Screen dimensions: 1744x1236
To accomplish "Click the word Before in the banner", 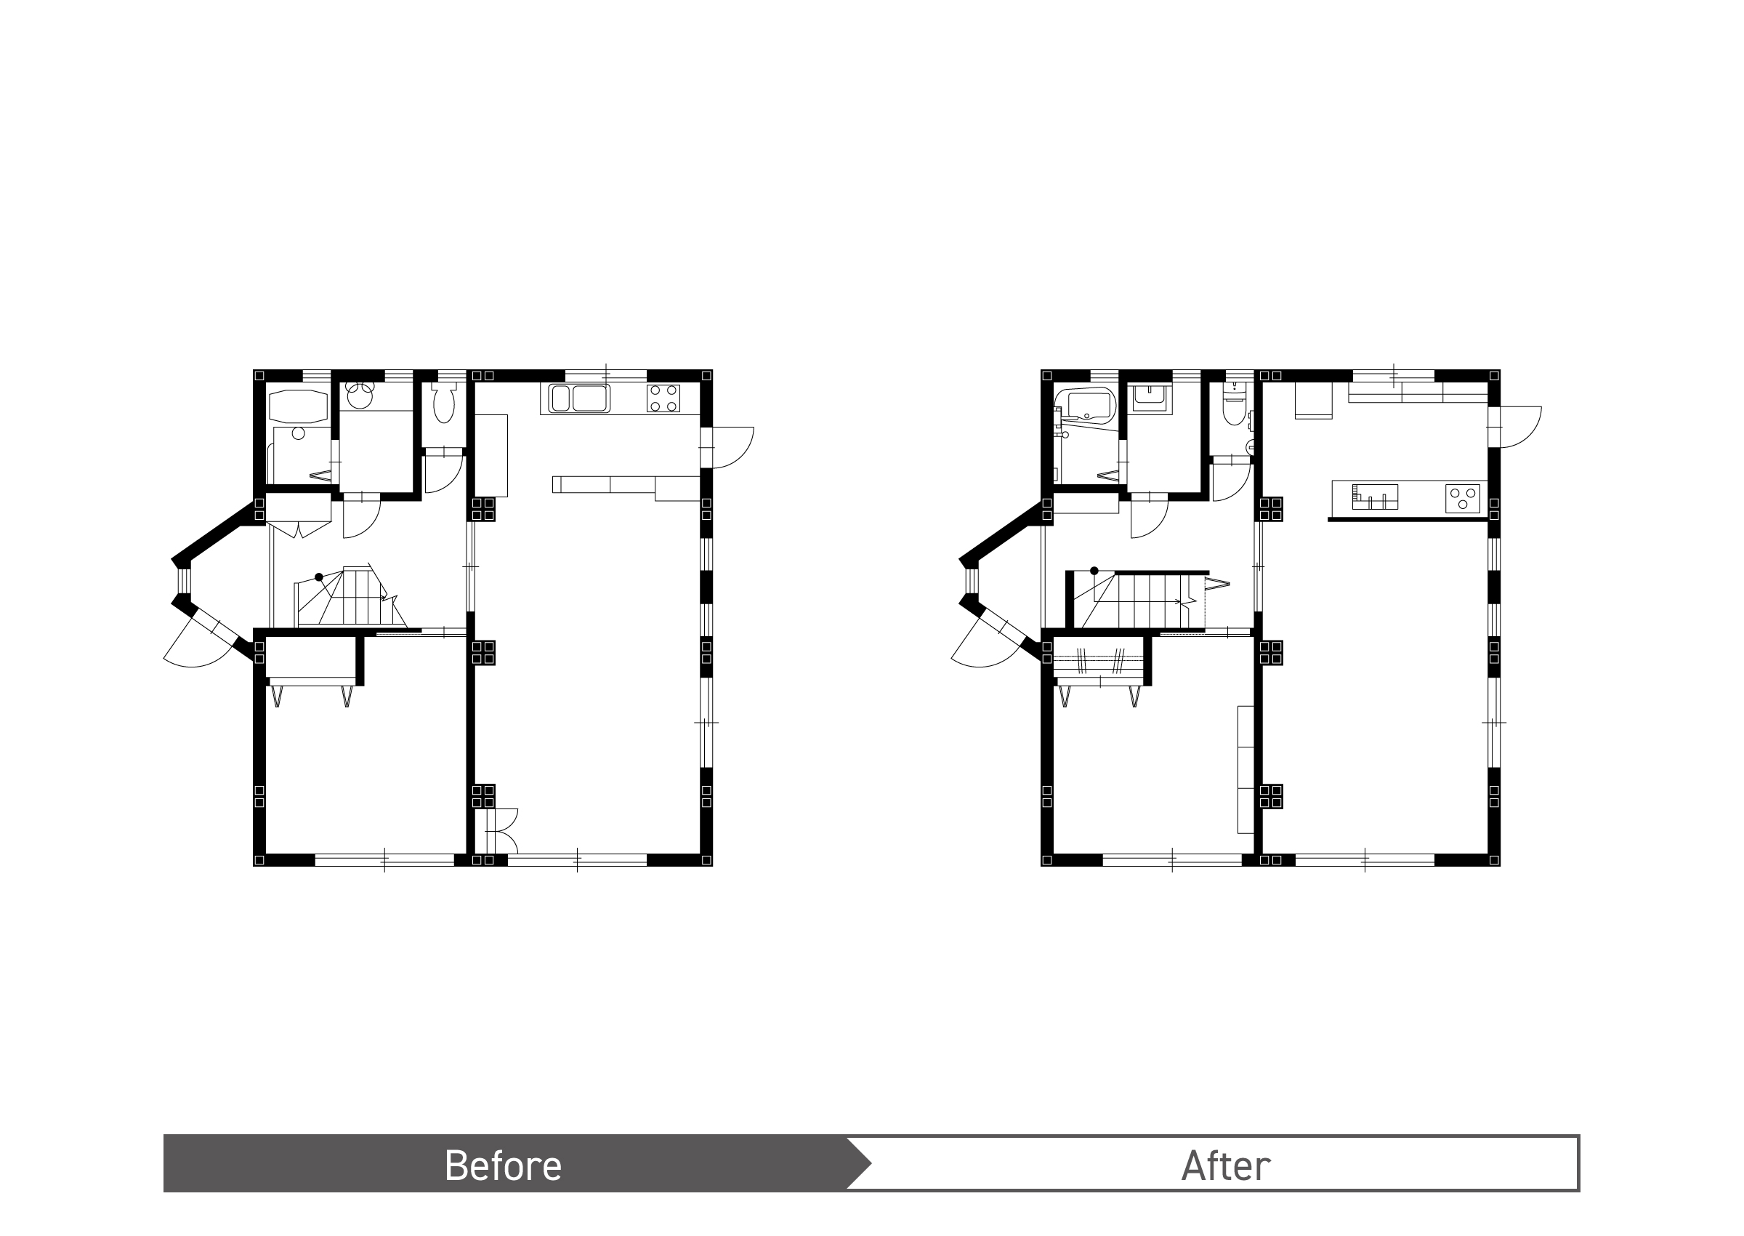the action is point(503,1165).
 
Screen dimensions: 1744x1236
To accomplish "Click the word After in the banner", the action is point(1225,1165).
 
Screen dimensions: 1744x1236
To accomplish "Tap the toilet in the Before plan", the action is point(443,403).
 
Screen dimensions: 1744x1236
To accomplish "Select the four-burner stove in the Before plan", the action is point(663,398).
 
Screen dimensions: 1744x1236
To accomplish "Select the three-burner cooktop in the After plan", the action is point(1463,499).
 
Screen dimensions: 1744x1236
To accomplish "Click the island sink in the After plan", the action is point(1375,497).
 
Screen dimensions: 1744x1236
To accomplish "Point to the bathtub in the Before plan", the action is point(297,406).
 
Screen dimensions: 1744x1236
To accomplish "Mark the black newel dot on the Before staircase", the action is point(319,577).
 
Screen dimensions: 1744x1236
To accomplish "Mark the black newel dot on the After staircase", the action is point(1094,571).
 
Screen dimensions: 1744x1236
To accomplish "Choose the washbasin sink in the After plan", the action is point(1150,397).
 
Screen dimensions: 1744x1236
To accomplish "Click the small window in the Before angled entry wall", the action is point(182,582).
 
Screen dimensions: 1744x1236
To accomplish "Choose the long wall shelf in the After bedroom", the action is point(1246,769).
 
